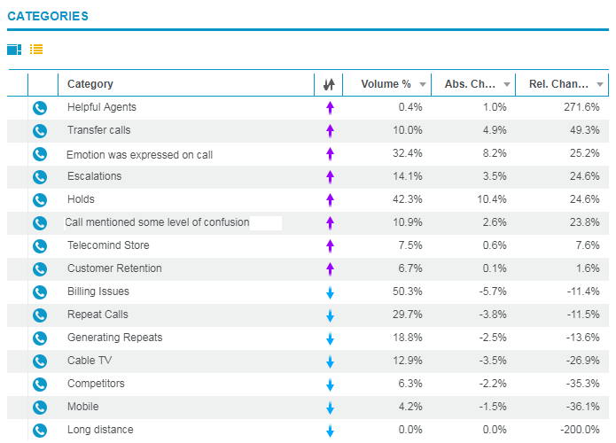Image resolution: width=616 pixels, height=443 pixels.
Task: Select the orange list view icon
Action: (x=36, y=50)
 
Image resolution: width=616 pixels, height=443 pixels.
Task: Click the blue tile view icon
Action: (x=14, y=50)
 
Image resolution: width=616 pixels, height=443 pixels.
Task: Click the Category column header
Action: (x=90, y=84)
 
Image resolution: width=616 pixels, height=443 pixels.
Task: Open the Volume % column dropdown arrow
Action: (x=423, y=84)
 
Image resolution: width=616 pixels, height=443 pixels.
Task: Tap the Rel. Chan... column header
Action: (x=558, y=84)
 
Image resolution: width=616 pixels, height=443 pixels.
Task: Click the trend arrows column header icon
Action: (x=329, y=84)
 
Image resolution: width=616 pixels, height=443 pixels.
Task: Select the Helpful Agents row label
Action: (x=101, y=107)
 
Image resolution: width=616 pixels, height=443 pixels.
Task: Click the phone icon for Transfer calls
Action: (x=40, y=130)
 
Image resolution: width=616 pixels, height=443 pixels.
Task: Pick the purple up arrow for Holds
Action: (x=330, y=200)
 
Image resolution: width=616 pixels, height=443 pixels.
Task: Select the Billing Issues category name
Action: (x=97, y=291)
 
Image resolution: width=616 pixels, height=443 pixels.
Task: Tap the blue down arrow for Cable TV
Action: (x=330, y=361)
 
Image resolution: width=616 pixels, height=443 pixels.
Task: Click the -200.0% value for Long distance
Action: (x=578, y=430)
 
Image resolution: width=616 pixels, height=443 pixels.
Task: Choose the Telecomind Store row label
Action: (x=108, y=245)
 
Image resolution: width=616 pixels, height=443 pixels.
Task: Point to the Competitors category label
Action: (x=96, y=384)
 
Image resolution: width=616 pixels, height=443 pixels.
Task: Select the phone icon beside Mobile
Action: (x=40, y=407)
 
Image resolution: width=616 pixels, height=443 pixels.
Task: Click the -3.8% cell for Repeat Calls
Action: (x=490, y=315)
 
